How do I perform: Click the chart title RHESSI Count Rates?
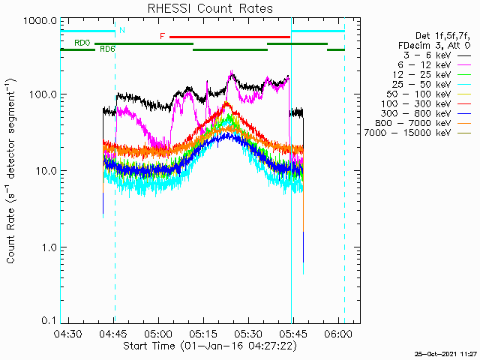click(x=210, y=8)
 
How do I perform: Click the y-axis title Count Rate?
click(x=10, y=235)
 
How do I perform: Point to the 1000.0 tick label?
click(x=40, y=21)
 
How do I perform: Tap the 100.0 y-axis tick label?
click(x=43, y=94)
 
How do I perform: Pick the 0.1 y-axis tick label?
click(x=49, y=320)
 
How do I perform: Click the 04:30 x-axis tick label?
click(x=68, y=334)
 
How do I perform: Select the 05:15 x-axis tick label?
click(x=203, y=334)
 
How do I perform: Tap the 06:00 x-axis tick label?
click(x=338, y=334)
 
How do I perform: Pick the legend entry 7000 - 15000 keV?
click(x=408, y=133)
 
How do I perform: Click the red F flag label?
click(x=162, y=37)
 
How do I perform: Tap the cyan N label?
click(x=122, y=30)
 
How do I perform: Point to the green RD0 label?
click(x=82, y=43)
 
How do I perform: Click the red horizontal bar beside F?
click(x=230, y=37)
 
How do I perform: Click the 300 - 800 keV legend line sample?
click(x=464, y=114)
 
